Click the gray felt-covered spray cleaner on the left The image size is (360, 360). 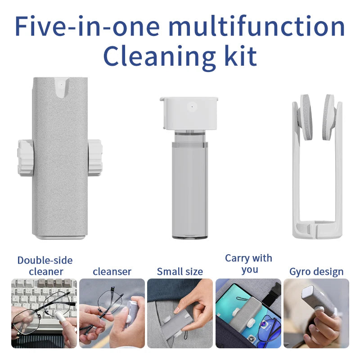pos(60,180)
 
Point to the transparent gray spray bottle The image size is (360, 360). pos(190,189)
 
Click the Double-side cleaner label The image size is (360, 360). pos(45,265)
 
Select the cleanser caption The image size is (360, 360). pos(112,271)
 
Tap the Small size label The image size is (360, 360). pos(180,271)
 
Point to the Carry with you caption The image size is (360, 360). pos(249,264)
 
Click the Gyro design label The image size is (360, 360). pos(316,271)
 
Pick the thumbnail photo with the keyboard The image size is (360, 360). pos(44,313)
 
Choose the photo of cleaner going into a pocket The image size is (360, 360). pos(180,313)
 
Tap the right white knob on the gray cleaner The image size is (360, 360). pos(95,157)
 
